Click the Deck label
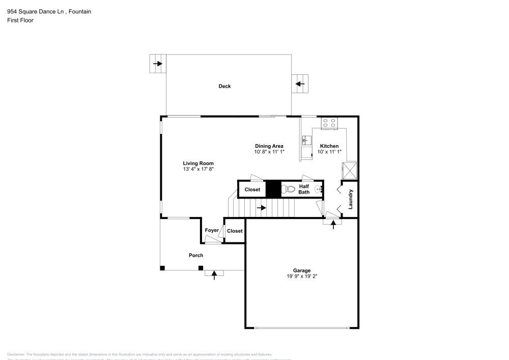[224, 86]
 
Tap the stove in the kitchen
[329, 123]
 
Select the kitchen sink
[305, 140]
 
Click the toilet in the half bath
[288, 189]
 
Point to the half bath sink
[319, 189]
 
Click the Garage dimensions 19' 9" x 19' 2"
[301, 276]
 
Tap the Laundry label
[350, 199]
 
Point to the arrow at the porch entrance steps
[214, 274]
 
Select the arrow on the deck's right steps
[300, 84]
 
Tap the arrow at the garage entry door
[333, 224]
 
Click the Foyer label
[212, 231]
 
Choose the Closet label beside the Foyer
[235, 231]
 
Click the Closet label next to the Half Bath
[252, 189]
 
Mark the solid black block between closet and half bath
[274, 189]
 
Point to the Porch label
[196, 255]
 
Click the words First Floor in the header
[20, 20]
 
